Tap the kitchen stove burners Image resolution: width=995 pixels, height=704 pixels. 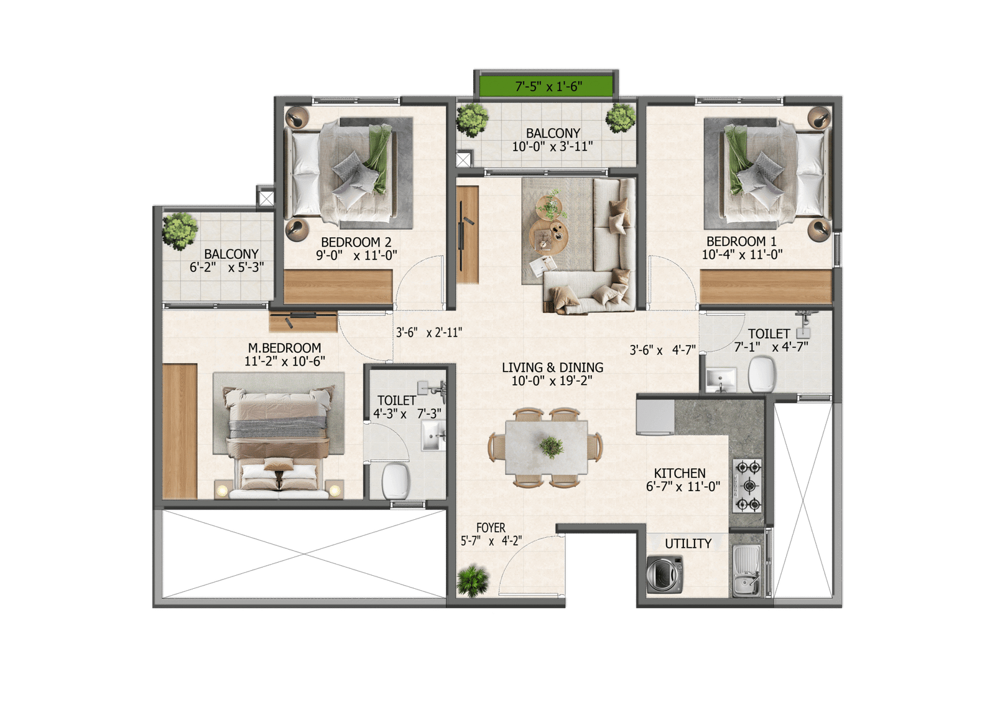[x=747, y=486]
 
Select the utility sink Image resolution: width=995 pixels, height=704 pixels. [x=746, y=570]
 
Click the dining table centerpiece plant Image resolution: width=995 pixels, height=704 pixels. [x=551, y=446]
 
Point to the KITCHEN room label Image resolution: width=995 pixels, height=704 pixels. [x=680, y=473]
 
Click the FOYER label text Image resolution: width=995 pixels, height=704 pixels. [x=491, y=528]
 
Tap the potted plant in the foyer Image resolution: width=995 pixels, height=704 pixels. [x=473, y=580]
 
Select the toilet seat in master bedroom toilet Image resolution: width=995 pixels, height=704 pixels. [x=395, y=481]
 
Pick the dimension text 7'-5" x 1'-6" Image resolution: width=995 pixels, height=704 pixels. [x=548, y=87]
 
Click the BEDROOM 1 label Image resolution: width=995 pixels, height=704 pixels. [x=741, y=241]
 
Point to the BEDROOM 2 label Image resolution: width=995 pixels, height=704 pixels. [x=356, y=242]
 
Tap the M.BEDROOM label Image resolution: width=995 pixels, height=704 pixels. [x=284, y=348]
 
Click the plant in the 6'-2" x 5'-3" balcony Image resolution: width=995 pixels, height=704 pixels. [x=180, y=230]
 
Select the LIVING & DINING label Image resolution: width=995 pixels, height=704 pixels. [x=552, y=367]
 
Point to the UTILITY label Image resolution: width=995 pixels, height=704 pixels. [x=688, y=543]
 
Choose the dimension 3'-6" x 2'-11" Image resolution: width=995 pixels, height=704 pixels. [x=429, y=332]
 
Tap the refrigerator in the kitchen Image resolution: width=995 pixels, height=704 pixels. [x=655, y=416]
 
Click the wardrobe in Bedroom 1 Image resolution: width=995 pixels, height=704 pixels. [x=766, y=287]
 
